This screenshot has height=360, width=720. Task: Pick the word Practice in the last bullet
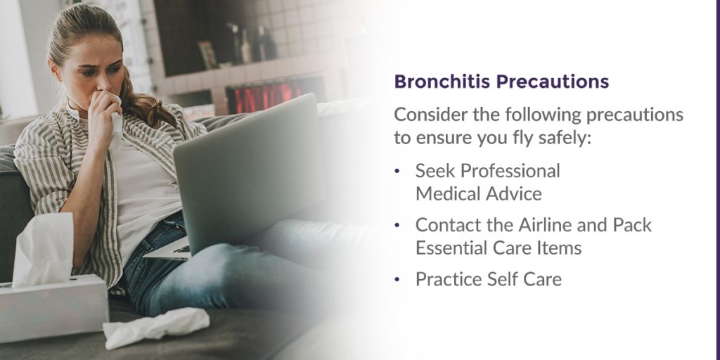pyautogui.click(x=446, y=279)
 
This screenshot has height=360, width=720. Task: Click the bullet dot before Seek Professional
pyautogui.click(x=397, y=171)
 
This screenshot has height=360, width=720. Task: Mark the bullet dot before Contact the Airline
pyautogui.click(x=397, y=225)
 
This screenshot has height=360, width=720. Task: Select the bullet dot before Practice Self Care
pyautogui.click(x=397, y=279)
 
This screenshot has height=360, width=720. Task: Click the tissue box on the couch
pyautogui.click(x=53, y=307)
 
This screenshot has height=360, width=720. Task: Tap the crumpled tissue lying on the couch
pyautogui.click(x=155, y=327)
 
